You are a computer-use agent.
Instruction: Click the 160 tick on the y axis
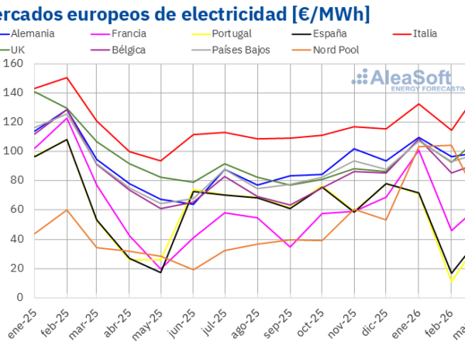13,64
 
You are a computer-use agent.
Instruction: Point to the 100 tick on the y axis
13,151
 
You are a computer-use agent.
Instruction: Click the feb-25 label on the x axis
59,327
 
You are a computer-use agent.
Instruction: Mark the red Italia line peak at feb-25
67,78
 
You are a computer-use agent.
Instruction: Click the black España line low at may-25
160,272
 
